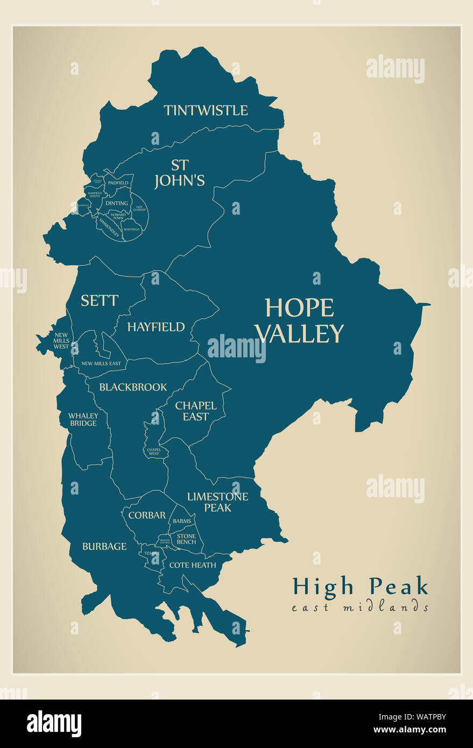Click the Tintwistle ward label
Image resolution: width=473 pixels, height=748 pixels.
pyautogui.click(x=206, y=110)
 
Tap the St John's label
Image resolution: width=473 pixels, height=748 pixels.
pyautogui.click(x=180, y=173)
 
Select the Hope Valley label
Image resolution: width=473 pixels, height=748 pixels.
pyautogui.click(x=299, y=321)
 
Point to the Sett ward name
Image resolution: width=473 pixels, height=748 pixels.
pyautogui.click(x=100, y=300)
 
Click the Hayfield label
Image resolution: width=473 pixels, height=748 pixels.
pyautogui.click(x=156, y=327)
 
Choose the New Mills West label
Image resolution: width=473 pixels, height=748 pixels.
pyautogui.click(x=61, y=341)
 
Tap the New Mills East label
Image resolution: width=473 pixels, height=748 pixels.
pyautogui.click(x=101, y=364)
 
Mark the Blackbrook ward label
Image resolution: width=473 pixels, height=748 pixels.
pyautogui.click(x=133, y=387)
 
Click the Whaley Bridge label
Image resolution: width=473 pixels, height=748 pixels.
pyautogui.click(x=83, y=419)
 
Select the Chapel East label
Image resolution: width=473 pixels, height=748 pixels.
pyautogui.click(x=196, y=411)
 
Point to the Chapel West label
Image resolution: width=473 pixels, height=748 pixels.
pyautogui.click(x=153, y=451)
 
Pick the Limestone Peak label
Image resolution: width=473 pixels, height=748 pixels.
pyautogui.click(x=217, y=502)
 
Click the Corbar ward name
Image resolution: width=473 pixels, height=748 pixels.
pyautogui.click(x=147, y=515)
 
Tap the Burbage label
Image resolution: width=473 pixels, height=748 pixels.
pyautogui.click(x=104, y=546)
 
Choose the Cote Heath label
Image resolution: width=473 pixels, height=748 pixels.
pyautogui.click(x=193, y=565)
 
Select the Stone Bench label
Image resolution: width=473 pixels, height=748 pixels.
pyautogui.click(x=186, y=539)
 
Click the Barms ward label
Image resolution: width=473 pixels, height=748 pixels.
pyautogui.click(x=182, y=521)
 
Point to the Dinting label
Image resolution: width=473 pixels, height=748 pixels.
pyautogui.click(x=117, y=203)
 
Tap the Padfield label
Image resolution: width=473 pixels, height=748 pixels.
pyautogui.click(x=118, y=183)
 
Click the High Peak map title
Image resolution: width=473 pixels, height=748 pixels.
pyautogui.click(x=360, y=586)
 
